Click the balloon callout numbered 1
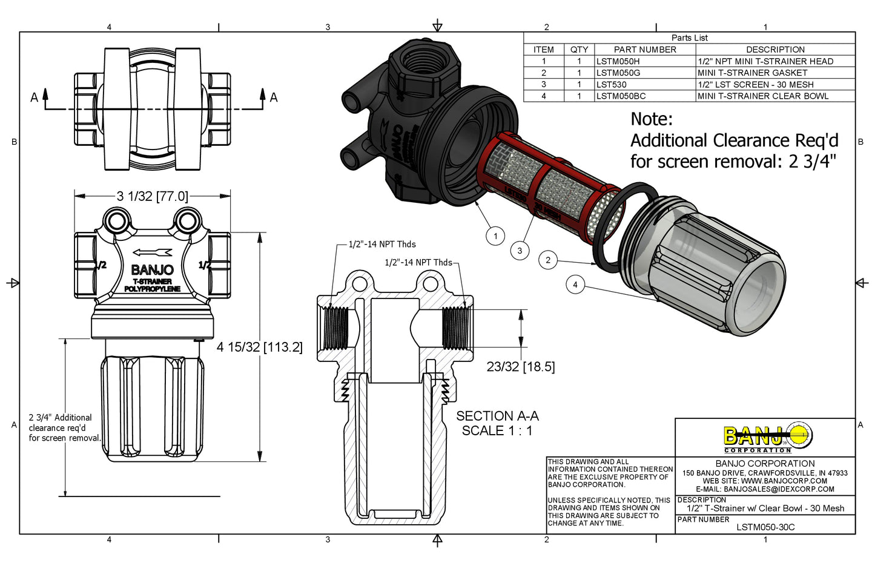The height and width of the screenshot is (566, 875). click(x=495, y=236)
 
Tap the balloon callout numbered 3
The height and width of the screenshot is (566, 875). click(x=520, y=251)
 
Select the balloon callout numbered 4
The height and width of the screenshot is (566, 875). click(x=575, y=285)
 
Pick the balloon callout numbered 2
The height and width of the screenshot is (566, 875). click(x=548, y=260)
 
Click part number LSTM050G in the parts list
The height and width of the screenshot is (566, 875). click(x=618, y=73)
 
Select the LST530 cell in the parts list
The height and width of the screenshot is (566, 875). click(x=612, y=85)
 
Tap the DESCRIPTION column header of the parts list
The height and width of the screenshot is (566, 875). click(x=775, y=50)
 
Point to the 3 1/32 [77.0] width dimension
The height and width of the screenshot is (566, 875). click(x=153, y=196)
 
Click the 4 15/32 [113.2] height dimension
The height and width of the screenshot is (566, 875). click(x=259, y=347)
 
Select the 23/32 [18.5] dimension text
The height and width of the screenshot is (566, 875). click(x=521, y=367)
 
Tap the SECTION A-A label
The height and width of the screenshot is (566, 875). click(x=497, y=416)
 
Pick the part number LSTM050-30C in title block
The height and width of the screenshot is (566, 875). click(x=765, y=527)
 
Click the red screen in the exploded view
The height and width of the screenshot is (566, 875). click(x=545, y=188)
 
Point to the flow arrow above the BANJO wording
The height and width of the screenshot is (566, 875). click(x=152, y=253)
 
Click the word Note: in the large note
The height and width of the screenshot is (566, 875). click(x=652, y=119)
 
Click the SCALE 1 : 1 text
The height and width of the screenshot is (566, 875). click(x=497, y=431)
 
